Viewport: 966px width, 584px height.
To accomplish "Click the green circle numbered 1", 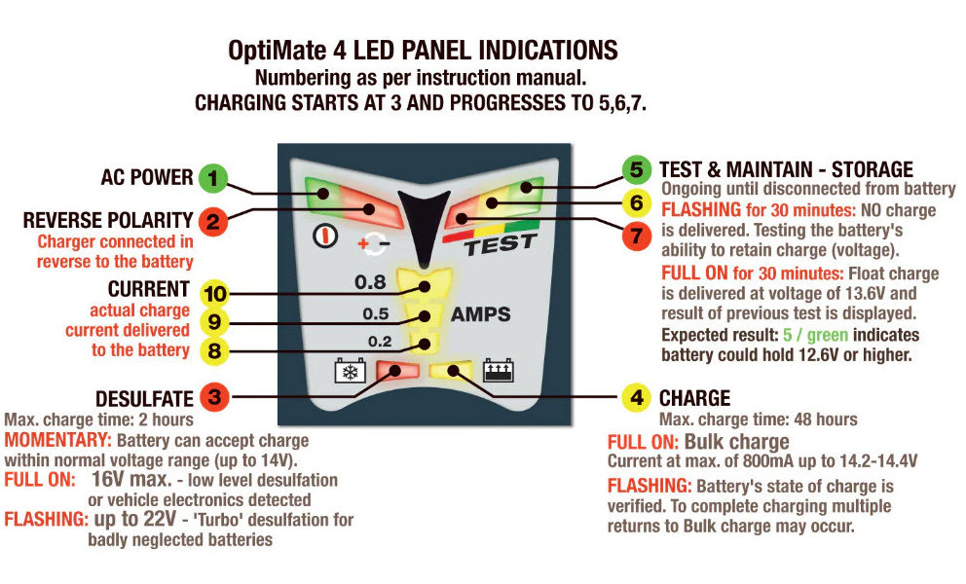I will click(x=213, y=179).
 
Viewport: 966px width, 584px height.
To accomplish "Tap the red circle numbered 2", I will click(x=213, y=221).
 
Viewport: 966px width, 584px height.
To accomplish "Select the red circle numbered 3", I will click(x=213, y=397).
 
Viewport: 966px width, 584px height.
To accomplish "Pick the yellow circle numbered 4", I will click(x=636, y=397).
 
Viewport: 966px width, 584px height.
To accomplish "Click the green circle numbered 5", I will click(x=636, y=168).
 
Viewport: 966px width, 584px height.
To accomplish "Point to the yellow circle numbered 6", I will click(x=636, y=203).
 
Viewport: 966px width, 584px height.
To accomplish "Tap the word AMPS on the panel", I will click(x=480, y=314).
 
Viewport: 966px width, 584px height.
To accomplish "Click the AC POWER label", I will click(x=147, y=178).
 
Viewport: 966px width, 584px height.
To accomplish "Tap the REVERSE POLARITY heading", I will click(x=110, y=221).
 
